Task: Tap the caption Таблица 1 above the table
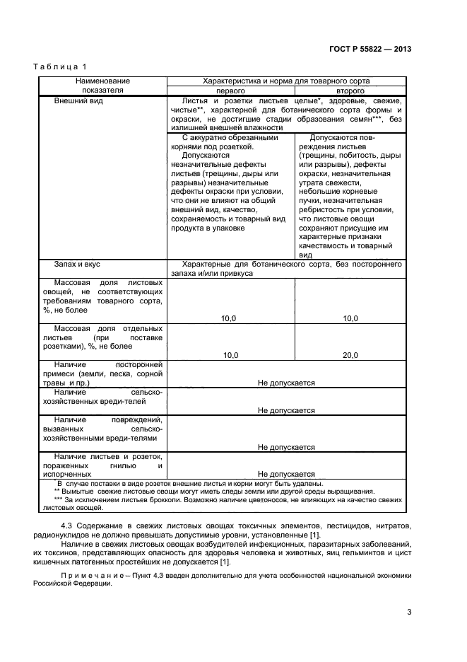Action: (x=59, y=66)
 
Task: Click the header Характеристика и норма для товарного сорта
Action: (x=285, y=81)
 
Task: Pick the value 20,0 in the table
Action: (x=350, y=355)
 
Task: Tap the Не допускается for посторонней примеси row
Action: (x=286, y=383)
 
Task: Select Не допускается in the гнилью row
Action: (x=286, y=474)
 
